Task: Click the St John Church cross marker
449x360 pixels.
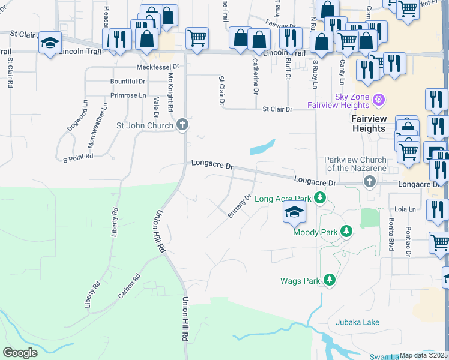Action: (x=184, y=125)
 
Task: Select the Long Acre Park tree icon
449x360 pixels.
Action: (x=321, y=198)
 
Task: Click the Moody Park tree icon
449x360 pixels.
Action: (x=346, y=232)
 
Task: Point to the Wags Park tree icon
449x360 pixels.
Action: (x=329, y=280)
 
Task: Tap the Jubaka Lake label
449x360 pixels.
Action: (x=357, y=323)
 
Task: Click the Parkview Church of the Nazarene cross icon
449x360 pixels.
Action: (x=370, y=181)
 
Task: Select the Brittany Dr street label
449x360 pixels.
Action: (x=239, y=206)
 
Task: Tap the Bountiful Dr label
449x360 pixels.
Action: (x=127, y=82)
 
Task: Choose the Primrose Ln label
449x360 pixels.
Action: (x=128, y=95)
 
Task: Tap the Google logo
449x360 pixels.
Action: (x=20, y=353)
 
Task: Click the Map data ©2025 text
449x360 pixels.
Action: (x=424, y=355)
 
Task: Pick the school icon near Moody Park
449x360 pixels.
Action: (x=294, y=212)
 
